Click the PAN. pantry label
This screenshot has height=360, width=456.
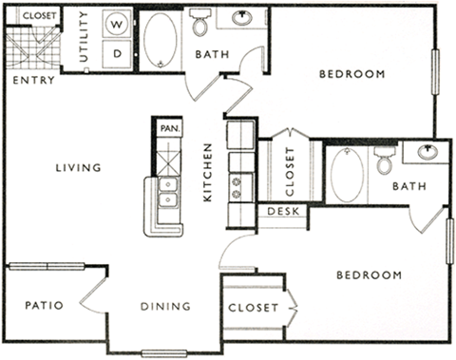[169, 127]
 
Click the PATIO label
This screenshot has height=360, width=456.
[44, 306]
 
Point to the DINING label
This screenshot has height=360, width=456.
[165, 306]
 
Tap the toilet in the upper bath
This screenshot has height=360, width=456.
[200, 21]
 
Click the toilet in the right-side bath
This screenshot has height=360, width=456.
[384, 161]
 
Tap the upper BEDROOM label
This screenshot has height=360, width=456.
[351, 74]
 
